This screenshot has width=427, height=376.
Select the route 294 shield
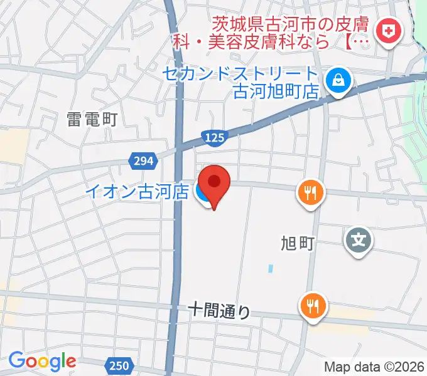143,161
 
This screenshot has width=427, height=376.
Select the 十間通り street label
220,310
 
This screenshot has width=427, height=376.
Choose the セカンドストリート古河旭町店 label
241,82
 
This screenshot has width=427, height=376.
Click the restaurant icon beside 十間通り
312,306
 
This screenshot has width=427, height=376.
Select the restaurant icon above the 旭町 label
311,192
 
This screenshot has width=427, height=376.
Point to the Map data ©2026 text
375,367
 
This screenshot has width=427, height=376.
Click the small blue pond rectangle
270,269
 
